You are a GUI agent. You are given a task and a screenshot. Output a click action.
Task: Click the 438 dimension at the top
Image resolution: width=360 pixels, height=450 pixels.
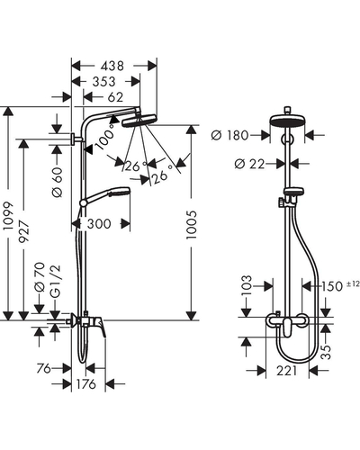(112, 66)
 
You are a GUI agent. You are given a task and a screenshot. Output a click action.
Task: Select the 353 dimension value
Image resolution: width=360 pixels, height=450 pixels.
(103, 82)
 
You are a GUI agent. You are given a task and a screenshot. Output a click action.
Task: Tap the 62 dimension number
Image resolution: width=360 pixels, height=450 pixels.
(115, 97)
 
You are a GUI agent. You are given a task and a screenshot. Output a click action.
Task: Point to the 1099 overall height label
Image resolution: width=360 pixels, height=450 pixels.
(9, 216)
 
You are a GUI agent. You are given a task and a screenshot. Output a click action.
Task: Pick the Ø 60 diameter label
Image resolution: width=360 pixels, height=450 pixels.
(57, 182)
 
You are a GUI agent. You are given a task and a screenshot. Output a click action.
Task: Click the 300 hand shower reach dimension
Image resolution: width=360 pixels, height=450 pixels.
(99, 224)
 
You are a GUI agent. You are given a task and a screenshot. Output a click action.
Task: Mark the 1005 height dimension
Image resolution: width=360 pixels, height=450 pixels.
(191, 225)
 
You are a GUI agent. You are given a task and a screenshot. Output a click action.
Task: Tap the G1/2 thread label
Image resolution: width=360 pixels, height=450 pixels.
(56, 282)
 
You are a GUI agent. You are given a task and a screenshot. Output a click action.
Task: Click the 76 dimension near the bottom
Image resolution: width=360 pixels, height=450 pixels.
(44, 368)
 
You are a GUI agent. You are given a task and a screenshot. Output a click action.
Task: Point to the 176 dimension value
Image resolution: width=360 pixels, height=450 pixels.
(86, 384)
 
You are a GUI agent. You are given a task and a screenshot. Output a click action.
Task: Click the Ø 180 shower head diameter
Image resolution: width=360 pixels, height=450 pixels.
(229, 135)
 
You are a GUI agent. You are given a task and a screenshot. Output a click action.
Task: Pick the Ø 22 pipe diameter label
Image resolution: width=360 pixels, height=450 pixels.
(249, 164)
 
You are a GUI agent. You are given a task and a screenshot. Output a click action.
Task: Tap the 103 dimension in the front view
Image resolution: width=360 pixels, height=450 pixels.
(247, 285)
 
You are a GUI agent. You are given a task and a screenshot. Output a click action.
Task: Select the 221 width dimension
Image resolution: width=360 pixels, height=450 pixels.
(286, 371)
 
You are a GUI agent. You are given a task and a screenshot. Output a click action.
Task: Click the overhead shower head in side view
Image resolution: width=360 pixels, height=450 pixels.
(139, 121)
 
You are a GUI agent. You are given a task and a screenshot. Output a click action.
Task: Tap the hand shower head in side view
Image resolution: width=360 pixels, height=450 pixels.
(120, 193)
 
